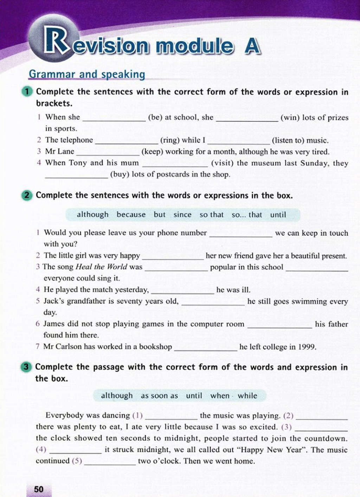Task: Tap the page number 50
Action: [x=39, y=489]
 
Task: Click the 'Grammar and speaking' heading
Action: [x=87, y=74]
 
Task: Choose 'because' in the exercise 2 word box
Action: [x=131, y=215]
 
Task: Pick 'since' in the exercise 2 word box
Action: [x=182, y=215]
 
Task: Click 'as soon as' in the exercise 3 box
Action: [x=159, y=396]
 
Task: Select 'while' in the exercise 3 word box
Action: [x=247, y=396]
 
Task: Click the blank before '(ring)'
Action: [x=127, y=141]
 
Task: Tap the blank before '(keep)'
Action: [x=108, y=152]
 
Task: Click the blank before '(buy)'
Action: [x=77, y=175]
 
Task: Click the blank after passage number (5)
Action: [x=110, y=462]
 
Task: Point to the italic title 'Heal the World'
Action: [x=101, y=267]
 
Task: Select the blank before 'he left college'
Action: [x=206, y=348]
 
